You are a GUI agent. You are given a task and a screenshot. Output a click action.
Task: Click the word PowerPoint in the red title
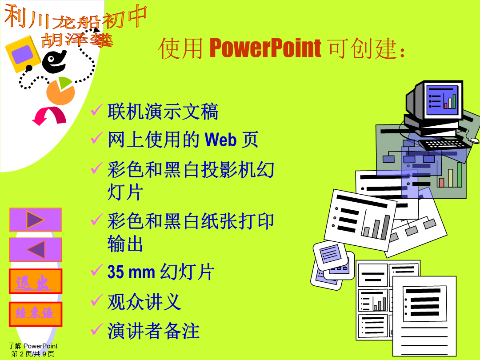click(x=265, y=48)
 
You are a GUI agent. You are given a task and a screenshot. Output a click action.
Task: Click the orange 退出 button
click(x=36, y=281)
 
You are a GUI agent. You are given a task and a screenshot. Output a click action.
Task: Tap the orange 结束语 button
click(x=36, y=314)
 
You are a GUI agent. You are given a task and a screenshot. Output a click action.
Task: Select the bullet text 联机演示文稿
click(x=163, y=112)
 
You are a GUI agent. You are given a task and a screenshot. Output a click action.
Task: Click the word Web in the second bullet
click(x=220, y=140)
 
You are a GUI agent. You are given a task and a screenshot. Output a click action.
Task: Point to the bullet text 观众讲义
click(x=144, y=302)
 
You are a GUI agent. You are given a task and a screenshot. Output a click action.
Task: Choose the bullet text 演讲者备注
click(x=153, y=331)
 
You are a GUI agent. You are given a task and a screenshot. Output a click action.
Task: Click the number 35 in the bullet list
click(x=116, y=272)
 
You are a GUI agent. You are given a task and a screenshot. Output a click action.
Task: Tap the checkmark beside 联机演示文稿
click(x=96, y=110)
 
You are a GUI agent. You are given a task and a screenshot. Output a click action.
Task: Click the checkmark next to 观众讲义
click(x=96, y=300)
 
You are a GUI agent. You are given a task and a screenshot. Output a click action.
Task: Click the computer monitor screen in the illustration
click(x=442, y=100)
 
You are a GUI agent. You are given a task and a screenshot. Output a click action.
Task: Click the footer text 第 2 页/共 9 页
click(x=33, y=354)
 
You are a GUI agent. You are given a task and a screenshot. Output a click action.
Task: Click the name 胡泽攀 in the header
click(x=77, y=40)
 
